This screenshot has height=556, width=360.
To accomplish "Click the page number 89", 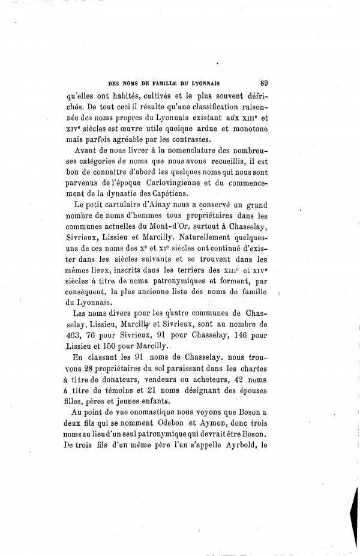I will [260, 84].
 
